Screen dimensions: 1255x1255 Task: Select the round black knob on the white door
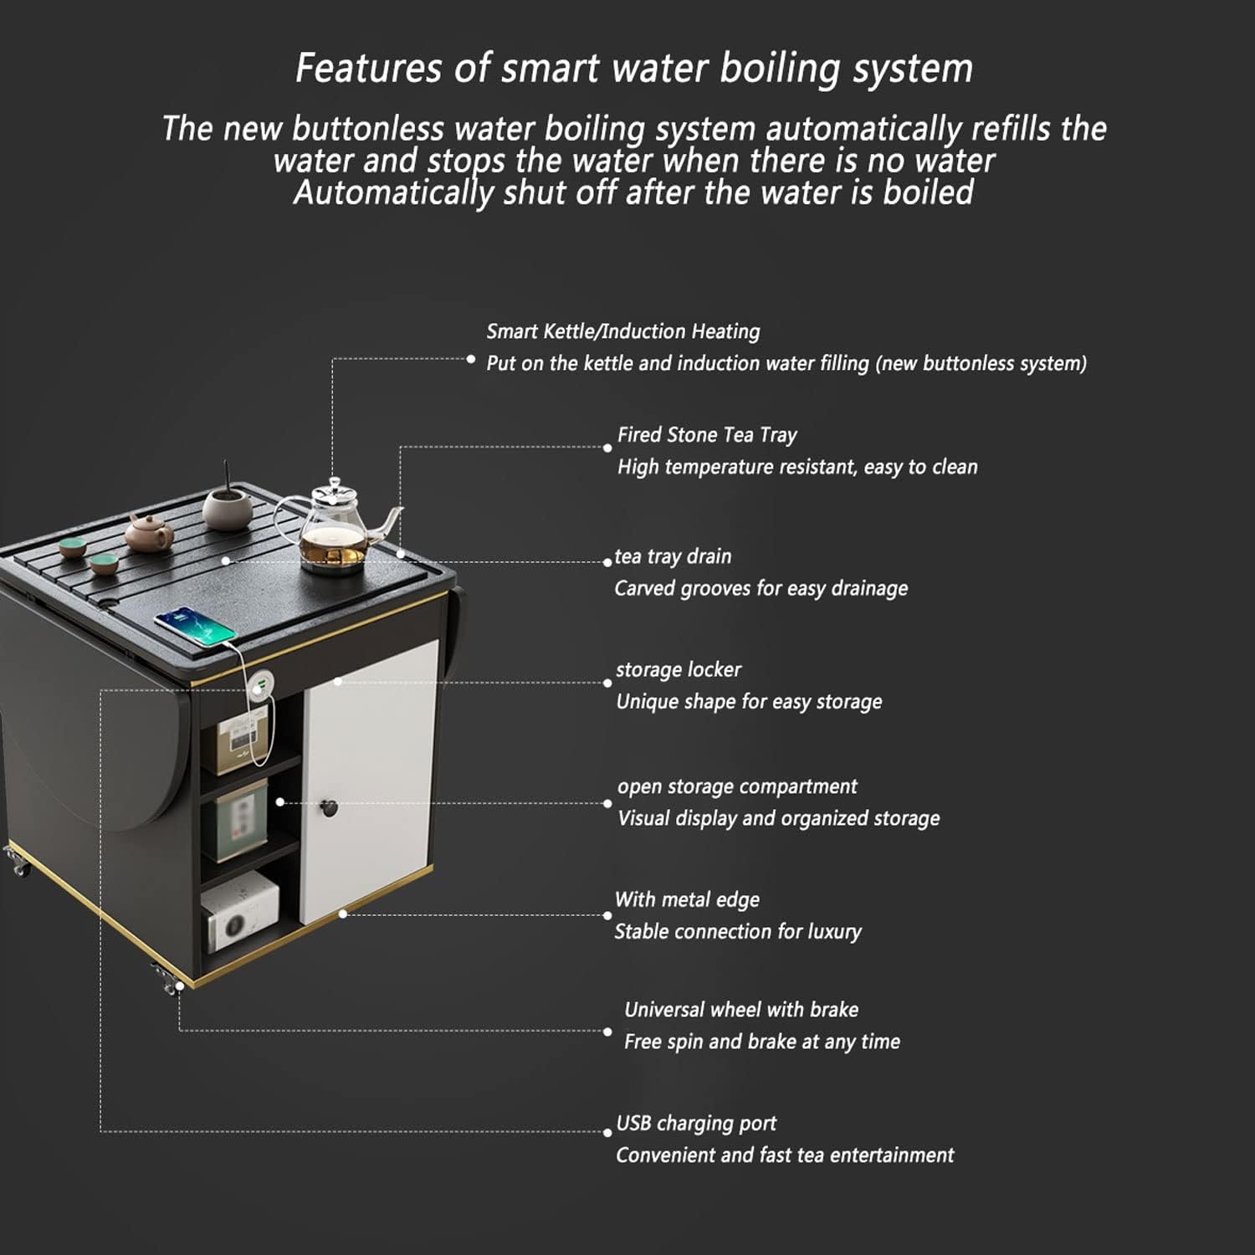click(329, 808)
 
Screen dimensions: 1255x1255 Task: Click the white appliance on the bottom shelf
click(239, 910)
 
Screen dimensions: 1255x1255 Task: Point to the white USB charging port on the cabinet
click(261, 688)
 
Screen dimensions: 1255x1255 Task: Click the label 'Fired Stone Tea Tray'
click(707, 435)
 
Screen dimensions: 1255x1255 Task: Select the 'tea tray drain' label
click(673, 556)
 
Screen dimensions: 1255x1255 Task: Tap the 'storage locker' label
click(679, 669)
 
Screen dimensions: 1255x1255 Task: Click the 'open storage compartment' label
click(737, 786)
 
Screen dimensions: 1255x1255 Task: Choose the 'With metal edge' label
click(687, 899)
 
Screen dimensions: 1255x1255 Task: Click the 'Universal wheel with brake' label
click(741, 1009)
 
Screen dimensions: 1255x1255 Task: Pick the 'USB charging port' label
click(696, 1123)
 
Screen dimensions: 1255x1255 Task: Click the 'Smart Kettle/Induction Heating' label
click(623, 331)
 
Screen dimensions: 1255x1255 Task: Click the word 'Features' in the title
click(368, 68)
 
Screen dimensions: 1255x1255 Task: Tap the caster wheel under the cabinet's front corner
click(166, 980)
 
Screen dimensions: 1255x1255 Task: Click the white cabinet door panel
click(369, 782)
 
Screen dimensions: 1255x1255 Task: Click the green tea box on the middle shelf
click(240, 824)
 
